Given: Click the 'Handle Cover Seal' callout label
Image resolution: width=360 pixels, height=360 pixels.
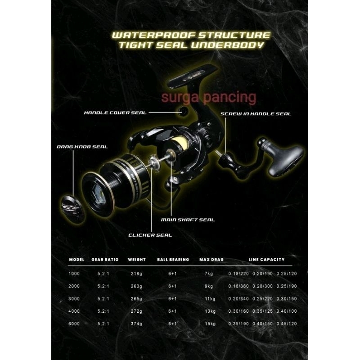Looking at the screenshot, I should (115, 112).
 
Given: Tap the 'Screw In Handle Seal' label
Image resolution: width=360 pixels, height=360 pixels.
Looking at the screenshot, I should (256, 114).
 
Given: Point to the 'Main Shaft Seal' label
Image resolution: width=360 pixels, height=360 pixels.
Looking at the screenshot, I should (188, 220).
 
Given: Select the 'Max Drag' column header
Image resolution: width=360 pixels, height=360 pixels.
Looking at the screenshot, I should (211, 260).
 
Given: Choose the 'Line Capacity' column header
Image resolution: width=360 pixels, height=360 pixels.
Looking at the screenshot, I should (266, 260).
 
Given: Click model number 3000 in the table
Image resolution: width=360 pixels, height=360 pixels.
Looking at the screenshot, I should (74, 298).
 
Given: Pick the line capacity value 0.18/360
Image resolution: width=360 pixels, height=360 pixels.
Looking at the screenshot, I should (238, 286).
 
